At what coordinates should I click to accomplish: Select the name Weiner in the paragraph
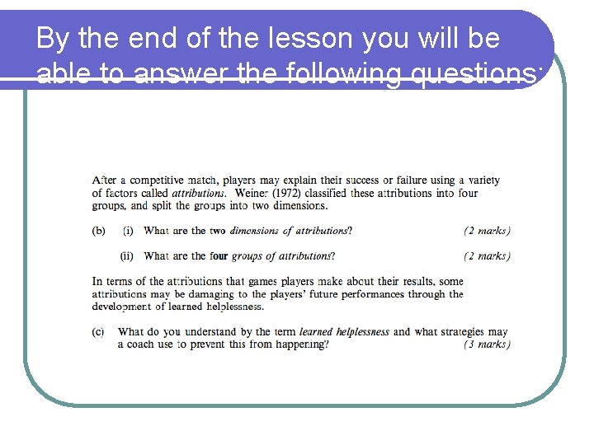(x=252, y=193)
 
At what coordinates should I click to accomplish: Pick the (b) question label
(x=98, y=231)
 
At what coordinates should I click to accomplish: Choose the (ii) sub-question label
(x=128, y=255)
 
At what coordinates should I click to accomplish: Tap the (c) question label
(x=98, y=331)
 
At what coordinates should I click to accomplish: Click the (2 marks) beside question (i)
(x=487, y=231)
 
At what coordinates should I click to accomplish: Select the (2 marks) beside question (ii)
(x=487, y=255)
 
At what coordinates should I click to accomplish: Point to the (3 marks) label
(x=487, y=344)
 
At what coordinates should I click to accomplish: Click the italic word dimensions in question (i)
(x=255, y=231)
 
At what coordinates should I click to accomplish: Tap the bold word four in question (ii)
(x=219, y=255)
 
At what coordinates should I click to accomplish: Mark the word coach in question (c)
(x=139, y=344)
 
